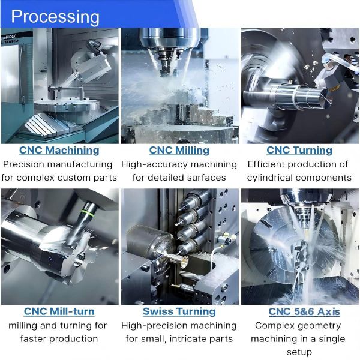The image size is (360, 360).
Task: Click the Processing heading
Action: click(x=55, y=16)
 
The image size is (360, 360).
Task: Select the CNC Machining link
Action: click(x=59, y=150)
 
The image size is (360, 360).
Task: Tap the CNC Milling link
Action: click(x=179, y=150)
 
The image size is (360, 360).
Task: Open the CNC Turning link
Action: click(x=299, y=150)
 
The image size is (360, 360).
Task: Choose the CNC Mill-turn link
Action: click(x=59, y=311)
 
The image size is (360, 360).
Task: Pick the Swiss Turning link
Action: click(x=179, y=311)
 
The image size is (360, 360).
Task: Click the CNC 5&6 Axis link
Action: click(x=304, y=311)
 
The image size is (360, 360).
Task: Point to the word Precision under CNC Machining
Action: click(x=27, y=164)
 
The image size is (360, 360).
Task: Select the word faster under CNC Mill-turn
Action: click(x=34, y=338)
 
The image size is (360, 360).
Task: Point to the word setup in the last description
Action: click(x=299, y=352)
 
